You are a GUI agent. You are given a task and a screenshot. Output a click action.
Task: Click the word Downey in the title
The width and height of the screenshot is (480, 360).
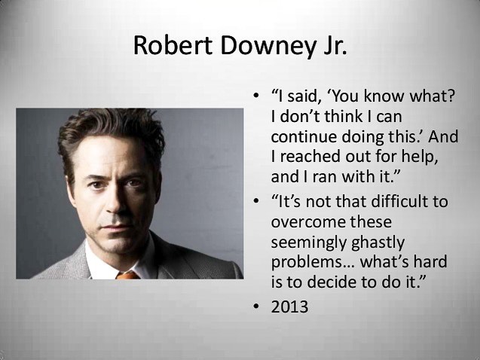(268, 46)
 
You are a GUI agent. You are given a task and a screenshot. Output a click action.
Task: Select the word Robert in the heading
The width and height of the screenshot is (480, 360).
(173, 45)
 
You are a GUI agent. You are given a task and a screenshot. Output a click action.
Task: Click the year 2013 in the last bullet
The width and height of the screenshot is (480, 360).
(289, 307)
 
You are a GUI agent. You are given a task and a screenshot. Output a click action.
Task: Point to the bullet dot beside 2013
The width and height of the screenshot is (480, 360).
(256, 307)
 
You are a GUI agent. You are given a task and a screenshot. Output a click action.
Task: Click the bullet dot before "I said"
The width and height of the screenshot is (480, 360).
(256, 95)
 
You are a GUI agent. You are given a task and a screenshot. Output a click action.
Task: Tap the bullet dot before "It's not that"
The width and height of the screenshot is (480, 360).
(256, 201)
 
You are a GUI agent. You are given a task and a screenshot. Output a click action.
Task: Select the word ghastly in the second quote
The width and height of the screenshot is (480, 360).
(378, 243)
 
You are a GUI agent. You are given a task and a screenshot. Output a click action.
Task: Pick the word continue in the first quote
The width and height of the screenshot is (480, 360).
(304, 137)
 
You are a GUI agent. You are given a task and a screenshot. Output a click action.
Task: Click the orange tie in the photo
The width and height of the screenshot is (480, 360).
(128, 276)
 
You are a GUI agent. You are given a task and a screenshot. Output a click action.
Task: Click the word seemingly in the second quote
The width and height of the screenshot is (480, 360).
(308, 243)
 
